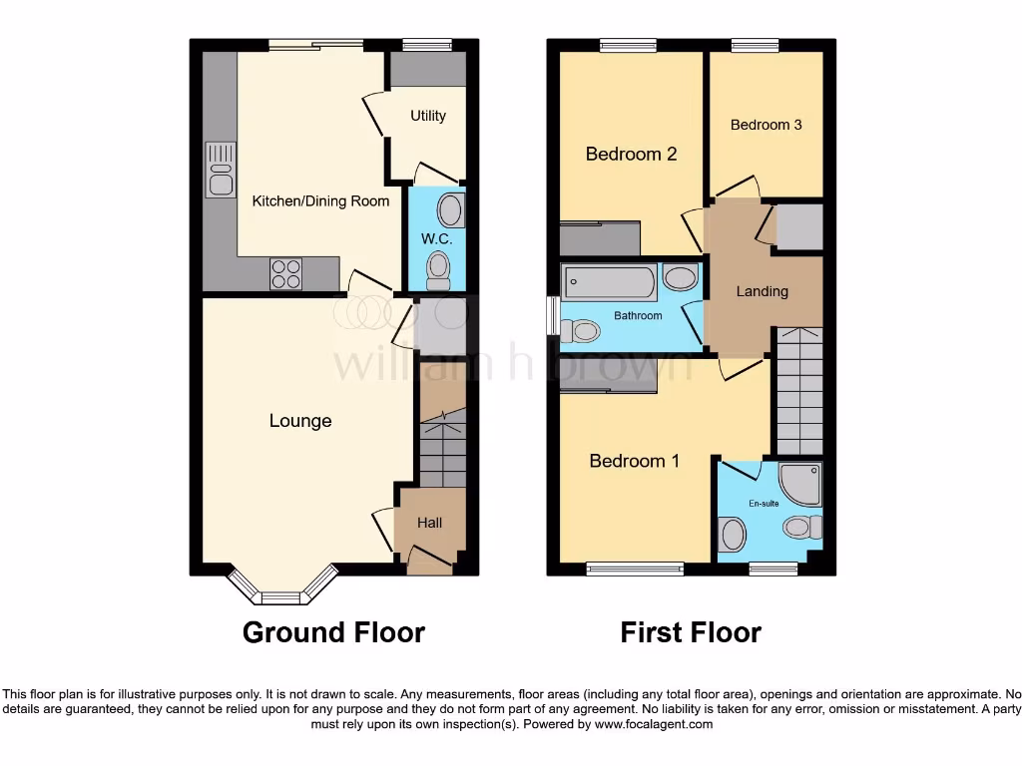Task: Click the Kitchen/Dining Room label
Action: pyautogui.click(x=320, y=201)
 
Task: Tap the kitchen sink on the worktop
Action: pyautogui.click(x=220, y=169)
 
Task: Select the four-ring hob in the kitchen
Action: pyautogui.click(x=285, y=273)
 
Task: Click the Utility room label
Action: pyautogui.click(x=428, y=116)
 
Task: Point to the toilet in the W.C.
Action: pyautogui.click(x=437, y=268)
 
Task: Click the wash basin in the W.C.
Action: pyautogui.click(x=450, y=210)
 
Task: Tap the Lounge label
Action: pyautogui.click(x=300, y=421)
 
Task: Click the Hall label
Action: pyautogui.click(x=429, y=523)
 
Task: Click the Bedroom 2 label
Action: pyautogui.click(x=631, y=154)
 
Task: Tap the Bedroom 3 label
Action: pyautogui.click(x=766, y=125)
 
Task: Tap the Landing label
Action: pyautogui.click(x=763, y=291)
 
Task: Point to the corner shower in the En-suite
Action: pyautogui.click(x=801, y=482)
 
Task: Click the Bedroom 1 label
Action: pyautogui.click(x=634, y=461)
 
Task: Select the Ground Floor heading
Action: pyautogui.click(x=333, y=632)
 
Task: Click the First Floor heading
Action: pyautogui.click(x=691, y=632)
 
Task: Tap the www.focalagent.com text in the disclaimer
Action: pyautogui.click(x=654, y=724)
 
